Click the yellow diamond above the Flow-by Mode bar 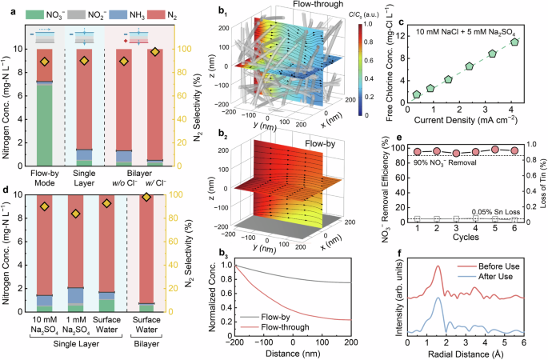(46, 62)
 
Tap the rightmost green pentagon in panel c (514, 42)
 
